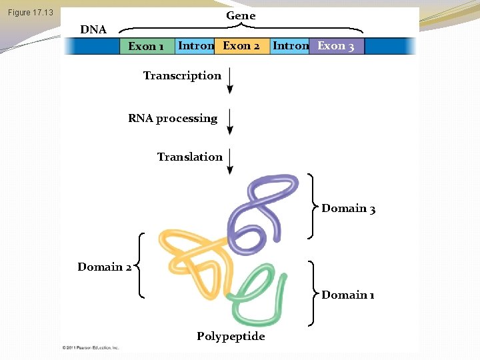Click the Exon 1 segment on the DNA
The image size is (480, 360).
[147, 46]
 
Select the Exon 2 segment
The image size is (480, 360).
[241, 46]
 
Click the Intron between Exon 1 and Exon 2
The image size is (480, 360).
[196, 46]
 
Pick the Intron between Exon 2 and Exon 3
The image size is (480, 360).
[291, 46]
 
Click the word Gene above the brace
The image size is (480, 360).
[241, 15]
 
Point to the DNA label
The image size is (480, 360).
[93, 29]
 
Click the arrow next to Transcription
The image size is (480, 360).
[230, 80]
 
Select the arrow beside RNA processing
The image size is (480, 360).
[230, 121]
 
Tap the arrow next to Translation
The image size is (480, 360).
[230, 161]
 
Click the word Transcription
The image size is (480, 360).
[182, 75]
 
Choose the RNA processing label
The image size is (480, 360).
[173, 118]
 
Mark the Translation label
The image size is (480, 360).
[190, 157]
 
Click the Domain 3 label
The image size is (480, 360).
[348, 209]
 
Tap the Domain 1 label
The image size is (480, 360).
[347, 295]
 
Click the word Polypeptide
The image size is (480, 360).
[231, 336]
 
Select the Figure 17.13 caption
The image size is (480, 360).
[31, 13]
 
